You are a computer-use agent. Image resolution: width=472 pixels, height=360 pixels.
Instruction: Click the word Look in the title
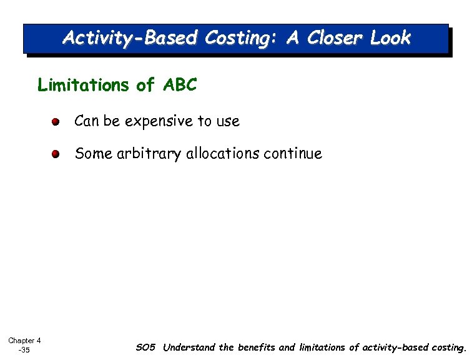point(390,38)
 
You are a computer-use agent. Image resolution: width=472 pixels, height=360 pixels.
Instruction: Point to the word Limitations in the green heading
point(84,85)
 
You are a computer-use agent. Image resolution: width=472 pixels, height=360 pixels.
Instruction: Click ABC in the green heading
point(180,85)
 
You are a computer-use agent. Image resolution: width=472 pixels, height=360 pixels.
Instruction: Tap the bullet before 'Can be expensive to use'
point(56,122)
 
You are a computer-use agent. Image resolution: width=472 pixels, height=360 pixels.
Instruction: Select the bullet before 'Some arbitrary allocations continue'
point(56,154)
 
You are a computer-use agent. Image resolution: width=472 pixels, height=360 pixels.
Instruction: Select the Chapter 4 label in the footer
point(24,341)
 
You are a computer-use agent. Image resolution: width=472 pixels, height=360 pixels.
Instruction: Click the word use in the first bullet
point(228,122)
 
